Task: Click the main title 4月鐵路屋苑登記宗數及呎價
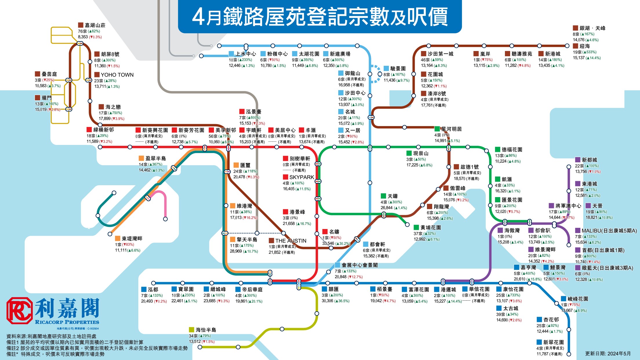[320, 17]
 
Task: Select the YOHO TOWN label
[117, 75]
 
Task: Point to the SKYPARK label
[302, 177]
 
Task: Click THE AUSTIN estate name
[291, 241]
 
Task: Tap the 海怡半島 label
[206, 330]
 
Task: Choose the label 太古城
[511, 308]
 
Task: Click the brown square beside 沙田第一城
[423, 54]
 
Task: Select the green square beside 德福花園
[498, 150]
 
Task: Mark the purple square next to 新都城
[578, 160]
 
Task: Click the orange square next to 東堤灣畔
[118, 238]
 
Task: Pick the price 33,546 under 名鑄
[328, 243]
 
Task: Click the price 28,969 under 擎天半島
[236, 251]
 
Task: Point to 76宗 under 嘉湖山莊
[82, 31]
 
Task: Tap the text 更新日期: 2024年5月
[608, 354]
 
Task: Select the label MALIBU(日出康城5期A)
[609, 231]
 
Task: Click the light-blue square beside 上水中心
[231, 54]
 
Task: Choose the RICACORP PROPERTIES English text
[67, 322]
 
